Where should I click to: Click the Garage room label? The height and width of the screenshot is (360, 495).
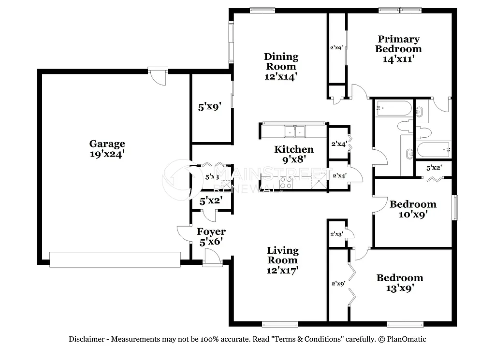pos(107,144)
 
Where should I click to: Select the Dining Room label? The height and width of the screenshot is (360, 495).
pos(281,61)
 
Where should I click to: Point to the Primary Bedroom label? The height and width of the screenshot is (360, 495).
pos(398,44)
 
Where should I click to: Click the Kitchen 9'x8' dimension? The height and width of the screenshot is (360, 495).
pos(293,158)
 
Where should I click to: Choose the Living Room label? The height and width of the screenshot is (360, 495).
pos(283,255)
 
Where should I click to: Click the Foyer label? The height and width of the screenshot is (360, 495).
pos(211,232)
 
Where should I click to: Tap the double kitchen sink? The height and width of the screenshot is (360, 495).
pos(295,130)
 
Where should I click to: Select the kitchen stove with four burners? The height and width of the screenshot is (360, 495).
pos(286,183)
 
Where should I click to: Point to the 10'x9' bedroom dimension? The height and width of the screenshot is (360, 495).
pos(413,214)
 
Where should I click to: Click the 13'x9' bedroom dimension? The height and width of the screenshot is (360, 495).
pos(400,288)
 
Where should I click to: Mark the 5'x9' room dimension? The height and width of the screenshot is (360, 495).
pos(209,107)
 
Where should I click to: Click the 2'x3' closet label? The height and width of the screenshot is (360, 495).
pos(336,234)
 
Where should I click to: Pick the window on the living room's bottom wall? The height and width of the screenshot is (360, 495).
pos(280,324)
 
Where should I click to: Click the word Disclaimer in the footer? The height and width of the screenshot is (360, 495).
pos(86,339)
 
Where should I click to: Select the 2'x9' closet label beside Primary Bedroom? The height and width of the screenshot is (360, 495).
pos(336,48)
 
